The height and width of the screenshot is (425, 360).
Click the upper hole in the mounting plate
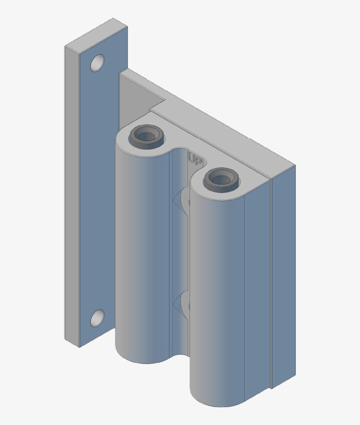click(97, 63)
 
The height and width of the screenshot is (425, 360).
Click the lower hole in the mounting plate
click(97, 318)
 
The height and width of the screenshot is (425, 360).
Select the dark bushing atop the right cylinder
click(220, 179)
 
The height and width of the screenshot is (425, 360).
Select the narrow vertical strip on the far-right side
click(283, 276)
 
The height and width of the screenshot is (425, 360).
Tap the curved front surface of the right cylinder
click(217, 298)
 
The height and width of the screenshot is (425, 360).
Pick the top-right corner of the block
click(294, 166)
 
